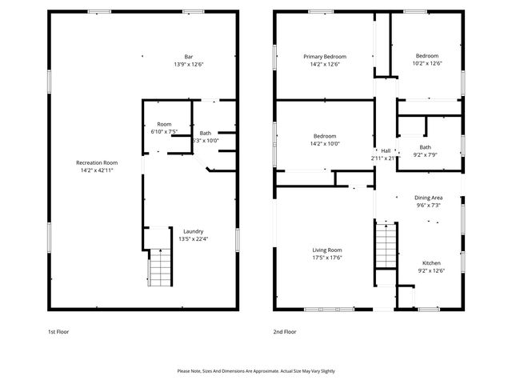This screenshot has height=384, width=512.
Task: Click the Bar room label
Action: pyautogui.click(x=189, y=57)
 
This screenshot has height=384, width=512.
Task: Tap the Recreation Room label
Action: pyautogui.click(x=97, y=162)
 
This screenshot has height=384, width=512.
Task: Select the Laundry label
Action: pyautogui.click(x=193, y=231)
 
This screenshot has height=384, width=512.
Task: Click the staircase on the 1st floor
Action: pyautogui.click(x=159, y=267)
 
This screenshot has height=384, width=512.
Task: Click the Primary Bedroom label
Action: pyautogui.click(x=325, y=57)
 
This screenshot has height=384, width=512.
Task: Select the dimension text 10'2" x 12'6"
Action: pyautogui.click(x=427, y=64)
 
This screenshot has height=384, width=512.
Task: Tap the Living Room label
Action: pyautogui.click(x=327, y=250)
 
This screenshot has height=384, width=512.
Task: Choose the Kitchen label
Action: pyautogui.click(x=431, y=263)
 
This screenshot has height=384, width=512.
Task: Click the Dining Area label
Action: pyautogui.click(x=428, y=198)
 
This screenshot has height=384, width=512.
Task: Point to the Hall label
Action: pyautogui.click(x=386, y=150)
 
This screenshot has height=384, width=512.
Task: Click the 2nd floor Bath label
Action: pyautogui.click(x=425, y=147)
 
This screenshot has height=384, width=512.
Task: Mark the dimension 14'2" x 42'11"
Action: pyautogui.click(x=97, y=170)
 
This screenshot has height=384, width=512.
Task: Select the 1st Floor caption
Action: pyautogui.click(x=58, y=331)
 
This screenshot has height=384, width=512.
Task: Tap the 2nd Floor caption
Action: pyautogui.click(x=284, y=331)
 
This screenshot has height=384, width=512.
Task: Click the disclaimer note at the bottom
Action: pyautogui.click(x=256, y=371)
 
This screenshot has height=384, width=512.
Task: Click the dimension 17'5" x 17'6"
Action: pyautogui.click(x=327, y=258)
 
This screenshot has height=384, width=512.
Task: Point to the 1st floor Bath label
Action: pyautogui.click(x=206, y=133)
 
